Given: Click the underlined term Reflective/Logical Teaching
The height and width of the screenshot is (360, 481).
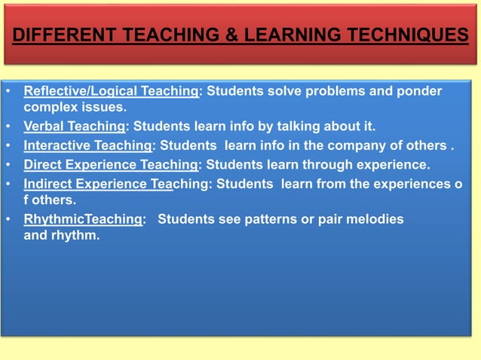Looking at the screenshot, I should point(112,92).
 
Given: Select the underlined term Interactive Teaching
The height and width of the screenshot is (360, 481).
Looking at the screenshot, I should point(87,145).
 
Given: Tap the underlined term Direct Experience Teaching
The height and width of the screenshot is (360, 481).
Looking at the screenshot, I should point(111,164).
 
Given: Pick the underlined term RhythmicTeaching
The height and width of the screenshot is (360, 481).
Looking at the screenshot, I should point(83,218).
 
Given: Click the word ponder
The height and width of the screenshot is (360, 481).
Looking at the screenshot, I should point(421,92).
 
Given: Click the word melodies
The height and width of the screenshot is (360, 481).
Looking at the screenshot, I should point(375,218).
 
